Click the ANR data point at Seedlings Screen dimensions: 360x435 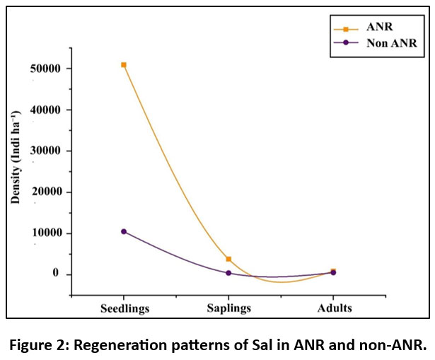click(124, 65)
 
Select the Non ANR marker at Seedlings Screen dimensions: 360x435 click(124, 231)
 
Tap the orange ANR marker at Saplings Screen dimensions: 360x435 click(228, 260)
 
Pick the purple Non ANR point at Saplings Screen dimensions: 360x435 click(228, 273)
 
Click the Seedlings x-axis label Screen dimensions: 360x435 click(124, 308)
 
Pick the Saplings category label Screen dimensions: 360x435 click(228, 308)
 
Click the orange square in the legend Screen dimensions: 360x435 click(345, 29)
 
